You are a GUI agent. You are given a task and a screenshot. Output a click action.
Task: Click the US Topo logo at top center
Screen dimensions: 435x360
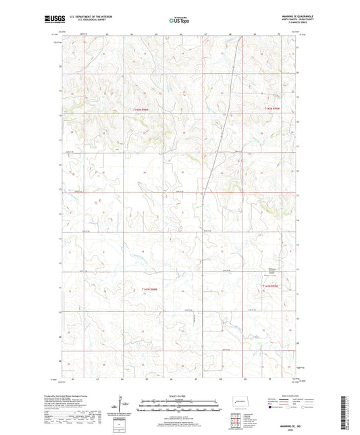click(x=180, y=20)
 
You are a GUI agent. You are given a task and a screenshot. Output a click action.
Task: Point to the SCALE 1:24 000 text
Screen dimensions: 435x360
click(x=180, y=395)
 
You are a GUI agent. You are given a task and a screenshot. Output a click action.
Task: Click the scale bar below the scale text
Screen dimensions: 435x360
click(x=180, y=406)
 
